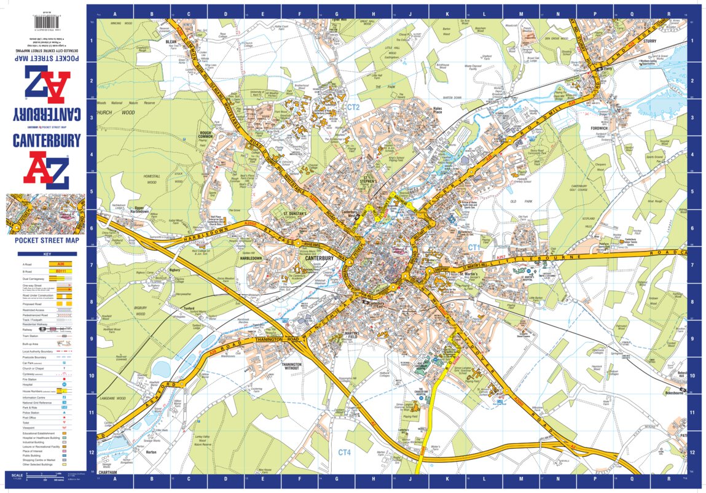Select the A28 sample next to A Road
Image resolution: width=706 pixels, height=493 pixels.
[60, 264]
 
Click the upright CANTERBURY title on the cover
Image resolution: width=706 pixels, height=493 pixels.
[47, 142]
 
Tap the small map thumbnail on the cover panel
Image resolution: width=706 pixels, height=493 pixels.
[46, 214]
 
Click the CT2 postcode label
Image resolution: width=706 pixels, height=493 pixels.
[353, 107]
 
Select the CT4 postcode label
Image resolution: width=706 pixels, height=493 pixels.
[344, 452]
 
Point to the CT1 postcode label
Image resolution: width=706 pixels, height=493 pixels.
[474, 247]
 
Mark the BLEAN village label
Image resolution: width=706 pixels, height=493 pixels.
[171, 42]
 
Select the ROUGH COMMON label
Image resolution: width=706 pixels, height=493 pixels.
[205, 134]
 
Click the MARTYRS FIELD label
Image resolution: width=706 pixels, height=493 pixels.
[352, 336]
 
